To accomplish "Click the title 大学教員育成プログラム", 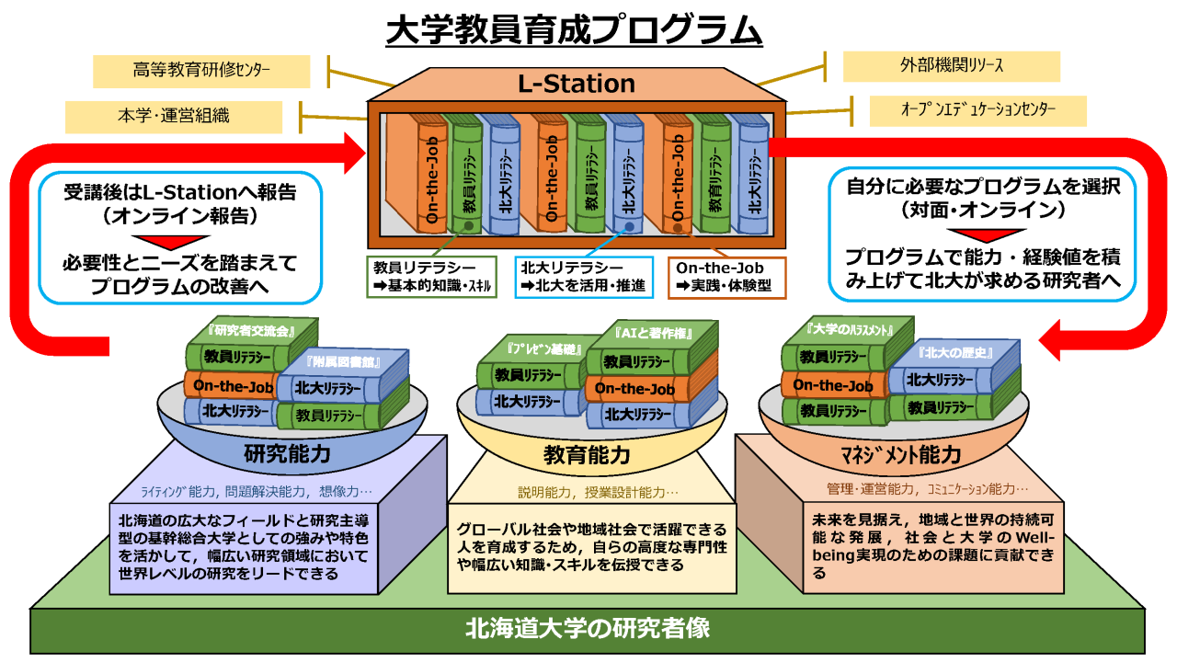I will point(575,29).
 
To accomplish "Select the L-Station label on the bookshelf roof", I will point(576,85).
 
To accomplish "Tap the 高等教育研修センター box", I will point(201,70).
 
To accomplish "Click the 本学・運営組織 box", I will point(174,117).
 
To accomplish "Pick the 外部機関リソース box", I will point(951,66).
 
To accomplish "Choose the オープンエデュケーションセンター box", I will point(977,110).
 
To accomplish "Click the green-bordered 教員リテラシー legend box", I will point(430,276).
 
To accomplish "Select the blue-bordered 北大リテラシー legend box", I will point(583,276).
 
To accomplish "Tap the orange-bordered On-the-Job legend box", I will point(726,276).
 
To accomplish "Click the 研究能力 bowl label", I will point(287,453).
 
